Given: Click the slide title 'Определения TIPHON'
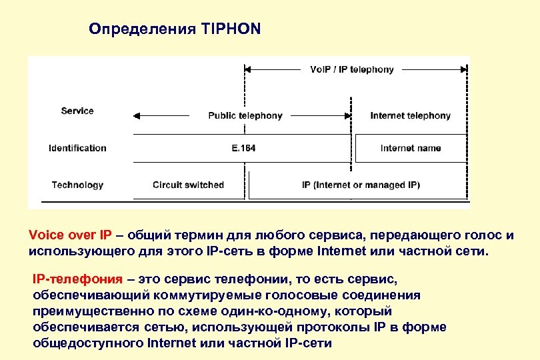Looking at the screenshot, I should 175,29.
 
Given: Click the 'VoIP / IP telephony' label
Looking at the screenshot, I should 352,69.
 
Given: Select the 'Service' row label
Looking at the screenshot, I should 77,111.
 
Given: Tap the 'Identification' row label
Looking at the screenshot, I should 77,148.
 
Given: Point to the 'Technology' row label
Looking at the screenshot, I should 77,185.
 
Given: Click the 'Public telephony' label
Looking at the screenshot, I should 245,115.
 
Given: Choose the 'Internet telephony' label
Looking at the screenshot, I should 410,115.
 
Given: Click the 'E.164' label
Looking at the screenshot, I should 243,148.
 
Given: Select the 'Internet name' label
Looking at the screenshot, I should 410,148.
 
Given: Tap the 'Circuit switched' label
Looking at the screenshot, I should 188,185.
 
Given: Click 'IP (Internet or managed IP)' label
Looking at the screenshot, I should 361,185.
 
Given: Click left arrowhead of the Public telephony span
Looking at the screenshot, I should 137,115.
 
